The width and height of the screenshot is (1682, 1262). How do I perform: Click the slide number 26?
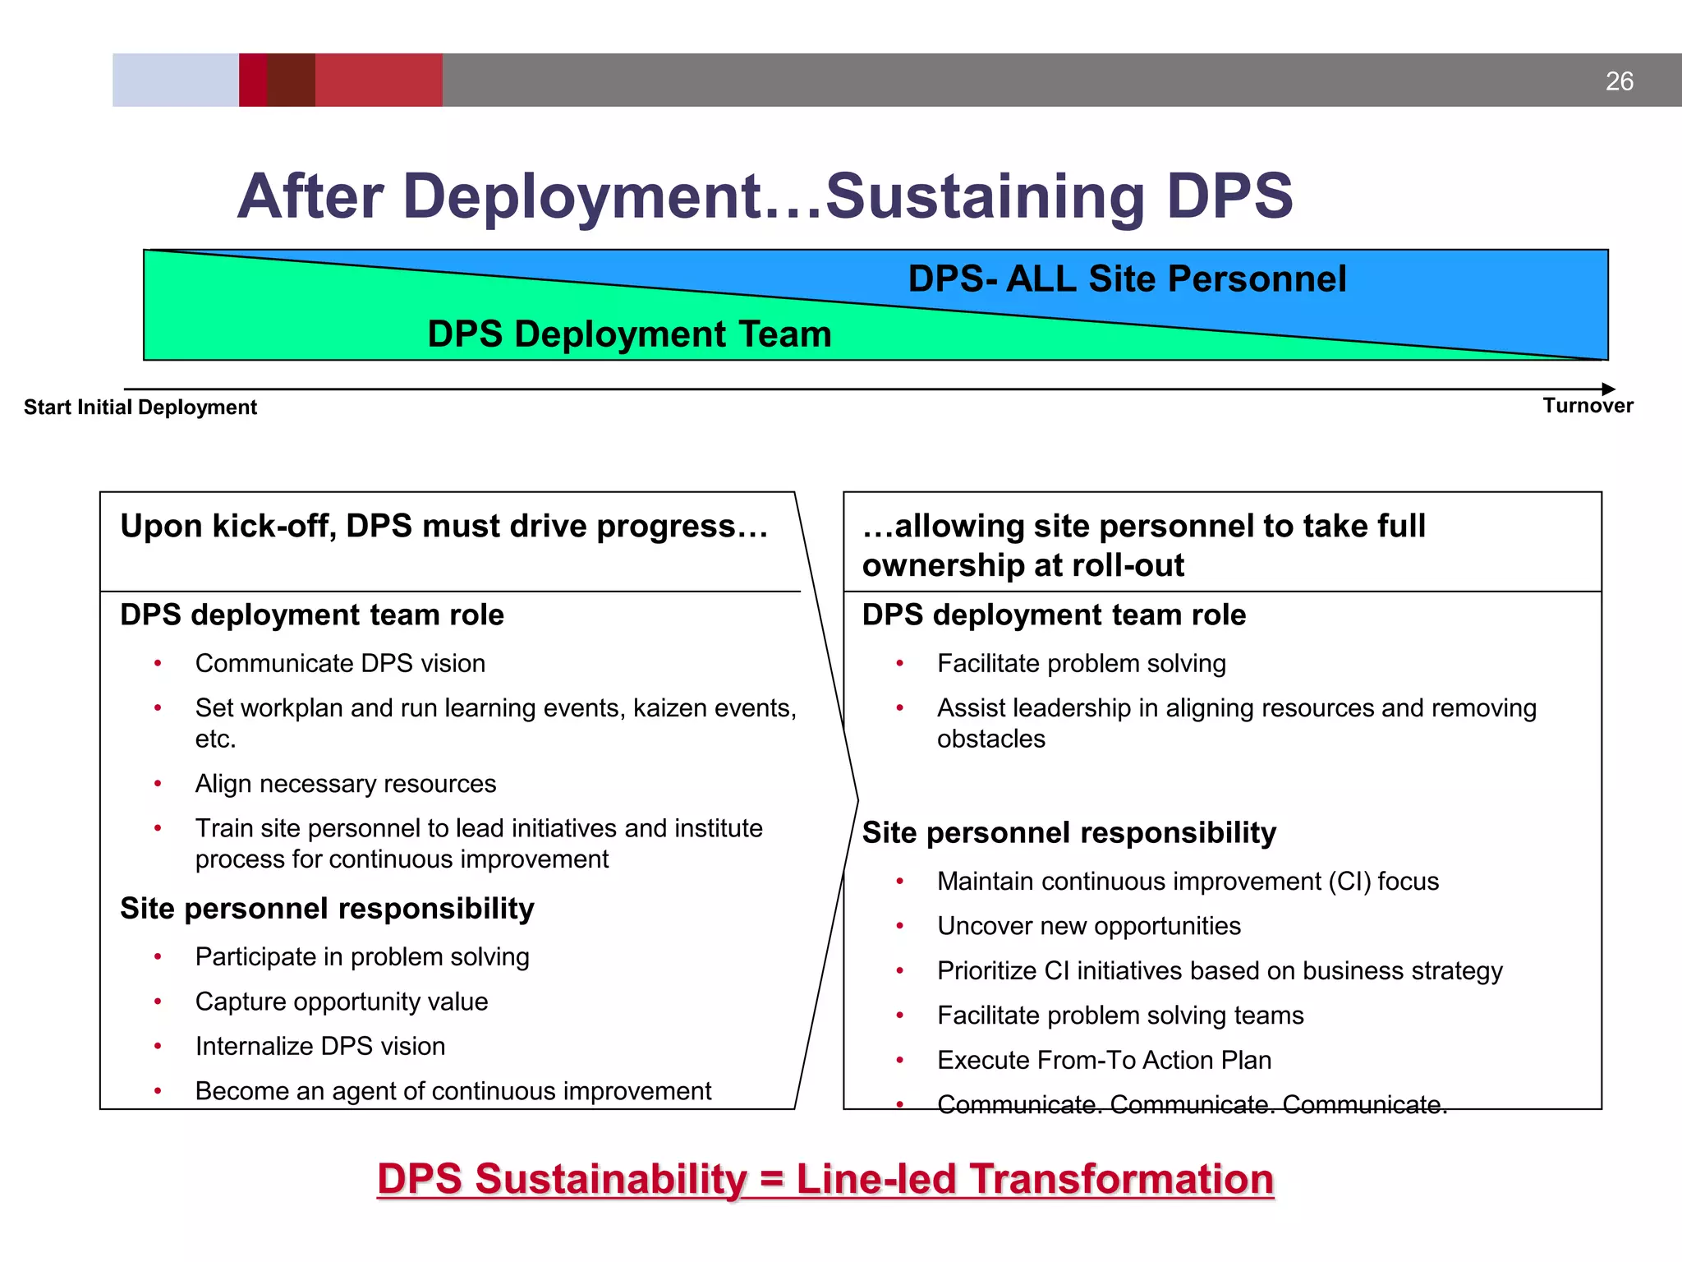click(x=1619, y=81)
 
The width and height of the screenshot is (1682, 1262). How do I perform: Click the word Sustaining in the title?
click(x=984, y=197)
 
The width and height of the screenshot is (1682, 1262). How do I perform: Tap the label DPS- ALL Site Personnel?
click(x=1127, y=279)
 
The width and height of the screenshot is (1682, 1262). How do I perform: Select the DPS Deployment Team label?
click(x=629, y=334)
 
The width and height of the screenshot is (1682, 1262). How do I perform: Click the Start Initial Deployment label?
click(x=140, y=408)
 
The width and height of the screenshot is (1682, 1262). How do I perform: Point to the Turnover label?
click(x=1588, y=406)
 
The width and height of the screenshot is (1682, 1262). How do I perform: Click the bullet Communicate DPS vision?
click(x=340, y=664)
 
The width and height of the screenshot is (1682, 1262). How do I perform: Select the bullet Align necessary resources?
click(x=345, y=784)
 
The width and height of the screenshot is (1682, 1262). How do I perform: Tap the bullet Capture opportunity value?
click(x=342, y=1002)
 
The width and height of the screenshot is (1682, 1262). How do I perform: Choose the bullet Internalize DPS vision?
click(x=320, y=1047)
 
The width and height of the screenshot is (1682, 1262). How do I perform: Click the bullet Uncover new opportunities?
click(x=1088, y=926)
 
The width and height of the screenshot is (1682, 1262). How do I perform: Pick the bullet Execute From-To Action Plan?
click(x=1104, y=1061)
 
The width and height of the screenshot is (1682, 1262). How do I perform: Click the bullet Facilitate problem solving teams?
click(x=1120, y=1016)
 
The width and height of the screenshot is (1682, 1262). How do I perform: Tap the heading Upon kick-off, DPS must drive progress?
click(x=443, y=527)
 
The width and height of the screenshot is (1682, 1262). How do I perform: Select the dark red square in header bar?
click(x=291, y=80)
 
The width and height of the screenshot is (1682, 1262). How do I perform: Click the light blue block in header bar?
click(x=175, y=80)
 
